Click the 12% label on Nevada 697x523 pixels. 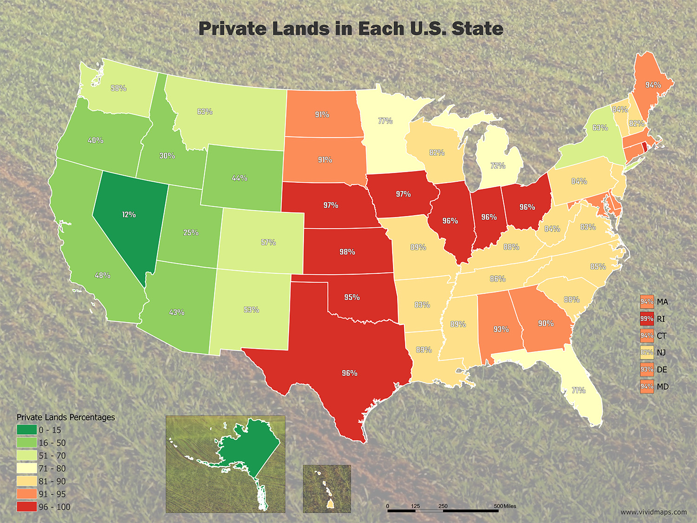(x=129, y=214)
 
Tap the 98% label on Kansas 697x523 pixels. (x=347, y=252)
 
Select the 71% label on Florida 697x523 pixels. (x=579, y=390)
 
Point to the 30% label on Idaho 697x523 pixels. (x=167, y=156)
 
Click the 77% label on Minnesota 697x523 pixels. (x=385, y=120)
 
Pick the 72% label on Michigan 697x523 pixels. (x=498, y=166)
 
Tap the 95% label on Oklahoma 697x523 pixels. (x=352, y=297)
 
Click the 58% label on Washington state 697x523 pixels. (x=118, y=88)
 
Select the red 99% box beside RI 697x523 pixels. (x=647, y=318)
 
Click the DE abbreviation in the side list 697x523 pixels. (x=662, y=370)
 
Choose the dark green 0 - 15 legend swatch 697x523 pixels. (x=26, y=430)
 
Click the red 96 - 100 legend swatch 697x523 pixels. (x=26, y=507)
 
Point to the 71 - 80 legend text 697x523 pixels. (x=52, y=469)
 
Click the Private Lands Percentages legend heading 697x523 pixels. (x=66, y=417)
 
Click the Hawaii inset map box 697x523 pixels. (x=327, y=489)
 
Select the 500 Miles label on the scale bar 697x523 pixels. (x=505, y=506)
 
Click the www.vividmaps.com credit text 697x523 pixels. (x=653, y=512)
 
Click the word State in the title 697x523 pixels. (x=477, y=29)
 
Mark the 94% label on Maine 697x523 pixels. (x=653, y=85)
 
